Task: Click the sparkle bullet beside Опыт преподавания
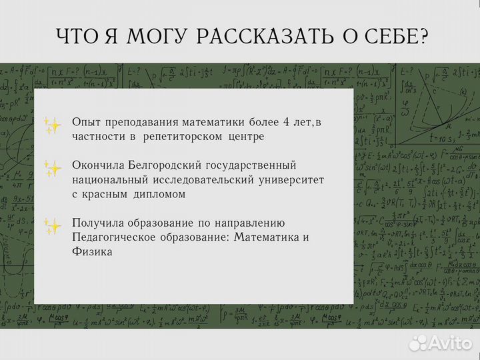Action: tap(52, 125)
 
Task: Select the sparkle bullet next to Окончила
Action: tap(52, 167)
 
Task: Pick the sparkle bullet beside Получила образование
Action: tap(52, 226)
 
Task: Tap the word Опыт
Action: tap(87, 121)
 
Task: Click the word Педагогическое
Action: tap(117, 237)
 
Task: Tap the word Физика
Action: tap(92, 252)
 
